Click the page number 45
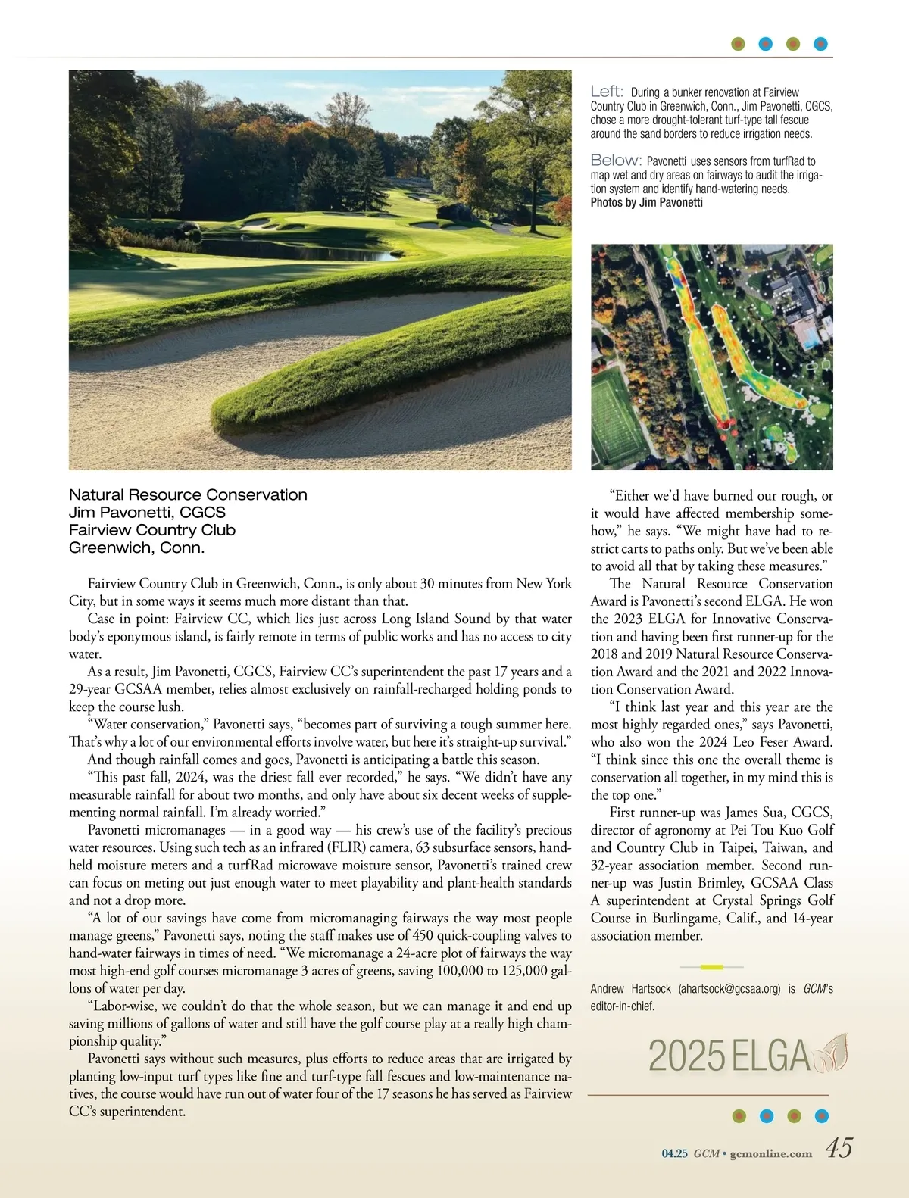839,1149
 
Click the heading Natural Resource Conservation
188,494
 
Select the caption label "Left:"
607,92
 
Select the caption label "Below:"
616,161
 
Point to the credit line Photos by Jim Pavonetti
646,202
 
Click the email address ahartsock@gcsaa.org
729,988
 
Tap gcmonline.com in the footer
770,1154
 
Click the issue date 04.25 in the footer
674,1154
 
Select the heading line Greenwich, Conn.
136,548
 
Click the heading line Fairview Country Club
151,530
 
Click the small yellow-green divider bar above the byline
711,967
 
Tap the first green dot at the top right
739,44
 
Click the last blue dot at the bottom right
821,1115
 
